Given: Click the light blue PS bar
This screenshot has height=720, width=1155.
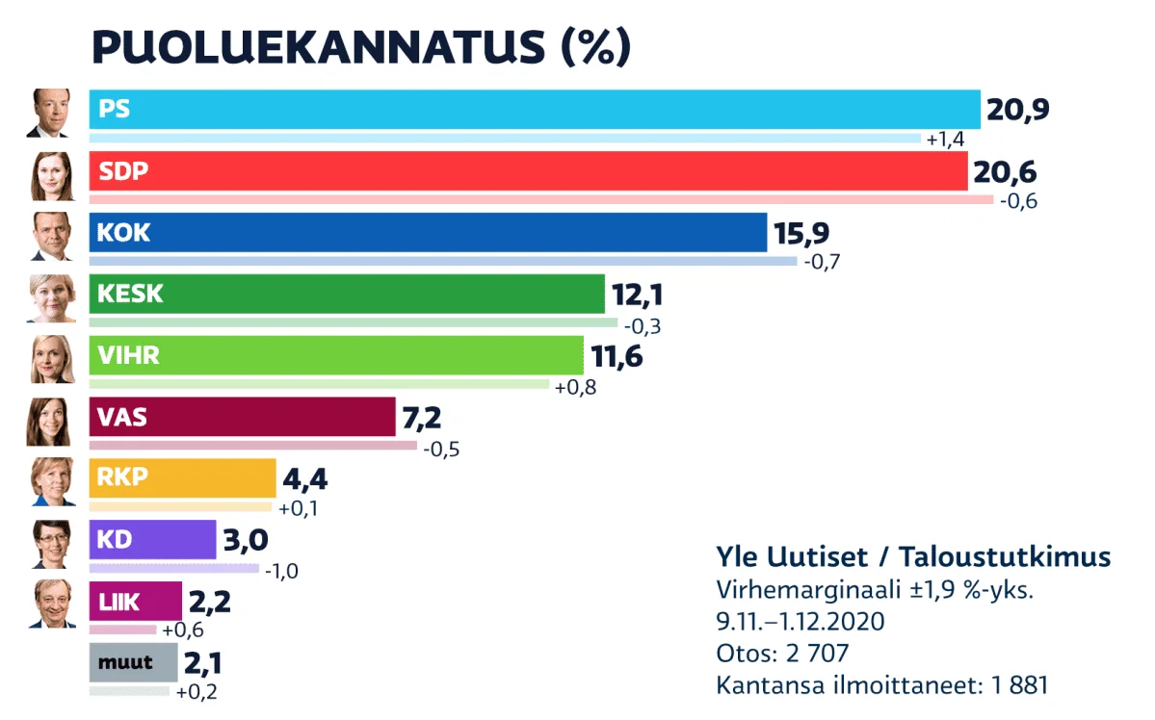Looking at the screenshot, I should point(535,110).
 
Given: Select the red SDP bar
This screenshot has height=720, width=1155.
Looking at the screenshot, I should point(528,171).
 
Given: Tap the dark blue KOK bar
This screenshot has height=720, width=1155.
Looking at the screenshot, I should point(428,232).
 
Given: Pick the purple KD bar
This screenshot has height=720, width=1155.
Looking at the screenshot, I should point(152,539).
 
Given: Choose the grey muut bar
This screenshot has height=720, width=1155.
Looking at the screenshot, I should point(133,662).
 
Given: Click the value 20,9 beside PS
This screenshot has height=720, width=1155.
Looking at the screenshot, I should point(1016,111).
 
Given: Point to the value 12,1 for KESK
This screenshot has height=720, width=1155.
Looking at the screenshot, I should point(640,294).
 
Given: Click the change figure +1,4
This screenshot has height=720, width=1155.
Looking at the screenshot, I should point(945,141).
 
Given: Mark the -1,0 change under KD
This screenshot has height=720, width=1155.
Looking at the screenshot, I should point(280,571).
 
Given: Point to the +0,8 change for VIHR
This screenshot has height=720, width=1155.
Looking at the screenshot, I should point(575,387).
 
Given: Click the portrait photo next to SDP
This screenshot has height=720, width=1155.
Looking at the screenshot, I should point(50,174).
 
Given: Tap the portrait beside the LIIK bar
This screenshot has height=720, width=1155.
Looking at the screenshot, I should point(50,604).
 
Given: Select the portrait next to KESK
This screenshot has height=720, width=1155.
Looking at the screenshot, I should point(50,297).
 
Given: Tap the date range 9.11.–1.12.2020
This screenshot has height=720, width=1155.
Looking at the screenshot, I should point(800,622).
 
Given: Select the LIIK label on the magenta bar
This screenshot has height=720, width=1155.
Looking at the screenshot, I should point(118,603).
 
